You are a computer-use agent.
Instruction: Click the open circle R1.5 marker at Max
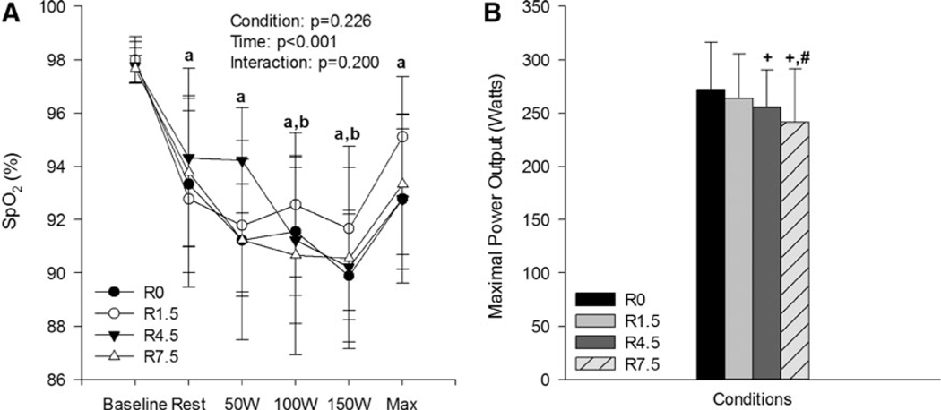click(x=402, y=137)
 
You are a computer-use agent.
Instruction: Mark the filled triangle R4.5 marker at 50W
click(x=242, y=161)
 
